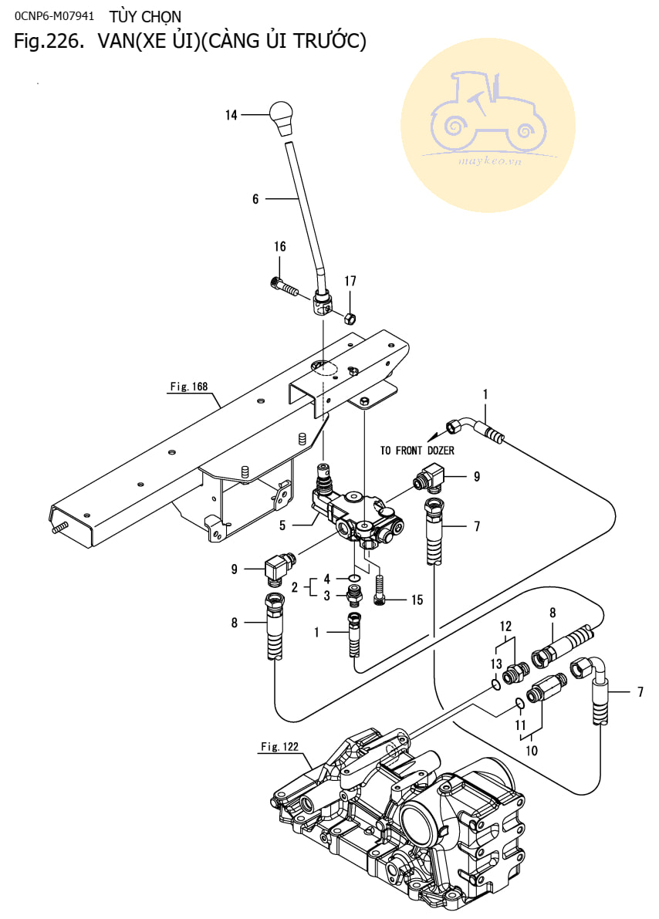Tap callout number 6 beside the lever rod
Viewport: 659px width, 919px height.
[255, 199]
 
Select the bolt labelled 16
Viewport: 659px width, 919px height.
[284, 286]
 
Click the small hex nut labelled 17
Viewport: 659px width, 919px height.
[348, 318]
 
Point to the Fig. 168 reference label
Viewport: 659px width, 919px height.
[189, 387]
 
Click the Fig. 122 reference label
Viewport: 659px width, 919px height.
[279, 747]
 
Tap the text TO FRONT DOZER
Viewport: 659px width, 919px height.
[417, 450]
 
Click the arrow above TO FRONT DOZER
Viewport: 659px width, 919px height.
[436, 435]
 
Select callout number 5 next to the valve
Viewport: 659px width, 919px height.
[282, 525]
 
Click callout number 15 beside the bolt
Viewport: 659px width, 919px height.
[417, 600]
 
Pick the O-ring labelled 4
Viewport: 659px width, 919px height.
[354, 579]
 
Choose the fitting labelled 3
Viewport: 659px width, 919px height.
[353, 596]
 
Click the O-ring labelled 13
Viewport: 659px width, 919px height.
[495, 684]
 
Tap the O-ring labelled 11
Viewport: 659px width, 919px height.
[519, 703]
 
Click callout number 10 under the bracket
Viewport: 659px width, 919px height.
[531, 751]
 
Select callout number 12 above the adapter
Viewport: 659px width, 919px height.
[505, 627]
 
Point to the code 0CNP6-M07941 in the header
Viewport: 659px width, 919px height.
[54, 16]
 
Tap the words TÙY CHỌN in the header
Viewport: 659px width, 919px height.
[145, 16]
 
